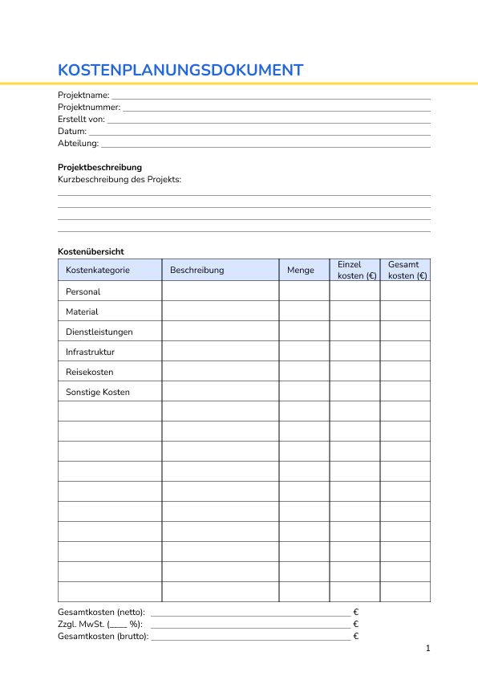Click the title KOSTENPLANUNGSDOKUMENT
pos(180,70)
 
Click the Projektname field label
pos(83,95)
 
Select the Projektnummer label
pos(89,107)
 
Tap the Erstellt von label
pos(81,119)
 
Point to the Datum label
pos(72,131)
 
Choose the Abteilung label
pos(78,143)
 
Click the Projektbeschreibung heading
pos(99,167)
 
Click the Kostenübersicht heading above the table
pos(91,251)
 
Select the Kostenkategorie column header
pos(97,270)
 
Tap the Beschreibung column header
pos(196,270)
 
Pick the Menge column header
pos(300,270)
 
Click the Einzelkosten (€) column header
pos(354,270)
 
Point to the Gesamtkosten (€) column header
pos(405,270)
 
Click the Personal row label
pos(83,291)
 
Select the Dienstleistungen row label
pos(99,332)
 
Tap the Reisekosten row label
pos(89,372)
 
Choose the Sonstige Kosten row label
pos(97,392)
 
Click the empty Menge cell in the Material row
pos(304,312)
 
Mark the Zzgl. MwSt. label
pos(100,624)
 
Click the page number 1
pos(427,648)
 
